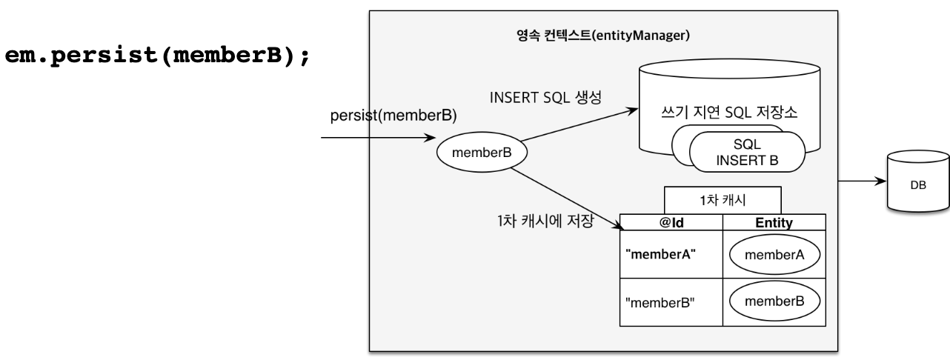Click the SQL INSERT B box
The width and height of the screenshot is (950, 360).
point(747,152)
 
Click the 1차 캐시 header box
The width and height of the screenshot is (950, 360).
point(723,200)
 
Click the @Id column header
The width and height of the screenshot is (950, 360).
point(670,221)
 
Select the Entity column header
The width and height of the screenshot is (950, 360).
point(774,221)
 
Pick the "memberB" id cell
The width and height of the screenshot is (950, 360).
point(660,302)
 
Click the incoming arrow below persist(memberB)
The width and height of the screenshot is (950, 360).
point(378,138)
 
